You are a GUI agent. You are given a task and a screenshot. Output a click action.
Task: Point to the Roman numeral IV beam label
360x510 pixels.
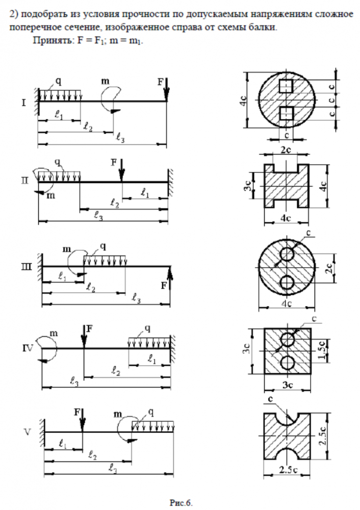28,348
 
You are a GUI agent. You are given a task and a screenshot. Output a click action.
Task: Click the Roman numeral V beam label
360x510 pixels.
29,432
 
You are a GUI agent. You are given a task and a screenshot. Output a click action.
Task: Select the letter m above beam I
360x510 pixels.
105,81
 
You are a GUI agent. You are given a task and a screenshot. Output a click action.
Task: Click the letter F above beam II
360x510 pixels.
114,162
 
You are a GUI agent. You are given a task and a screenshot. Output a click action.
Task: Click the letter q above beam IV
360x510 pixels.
147,327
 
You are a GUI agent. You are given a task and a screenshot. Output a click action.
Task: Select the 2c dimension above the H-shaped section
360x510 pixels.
286,150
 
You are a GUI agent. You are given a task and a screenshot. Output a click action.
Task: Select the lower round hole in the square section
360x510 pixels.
287,363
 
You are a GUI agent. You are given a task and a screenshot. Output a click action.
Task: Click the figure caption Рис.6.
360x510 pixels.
181,502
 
